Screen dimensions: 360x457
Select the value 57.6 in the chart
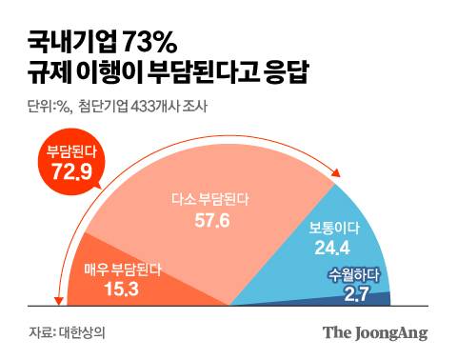208,220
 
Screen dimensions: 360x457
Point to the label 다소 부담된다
208,199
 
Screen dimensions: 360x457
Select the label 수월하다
354,277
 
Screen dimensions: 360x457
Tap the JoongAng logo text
374,333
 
